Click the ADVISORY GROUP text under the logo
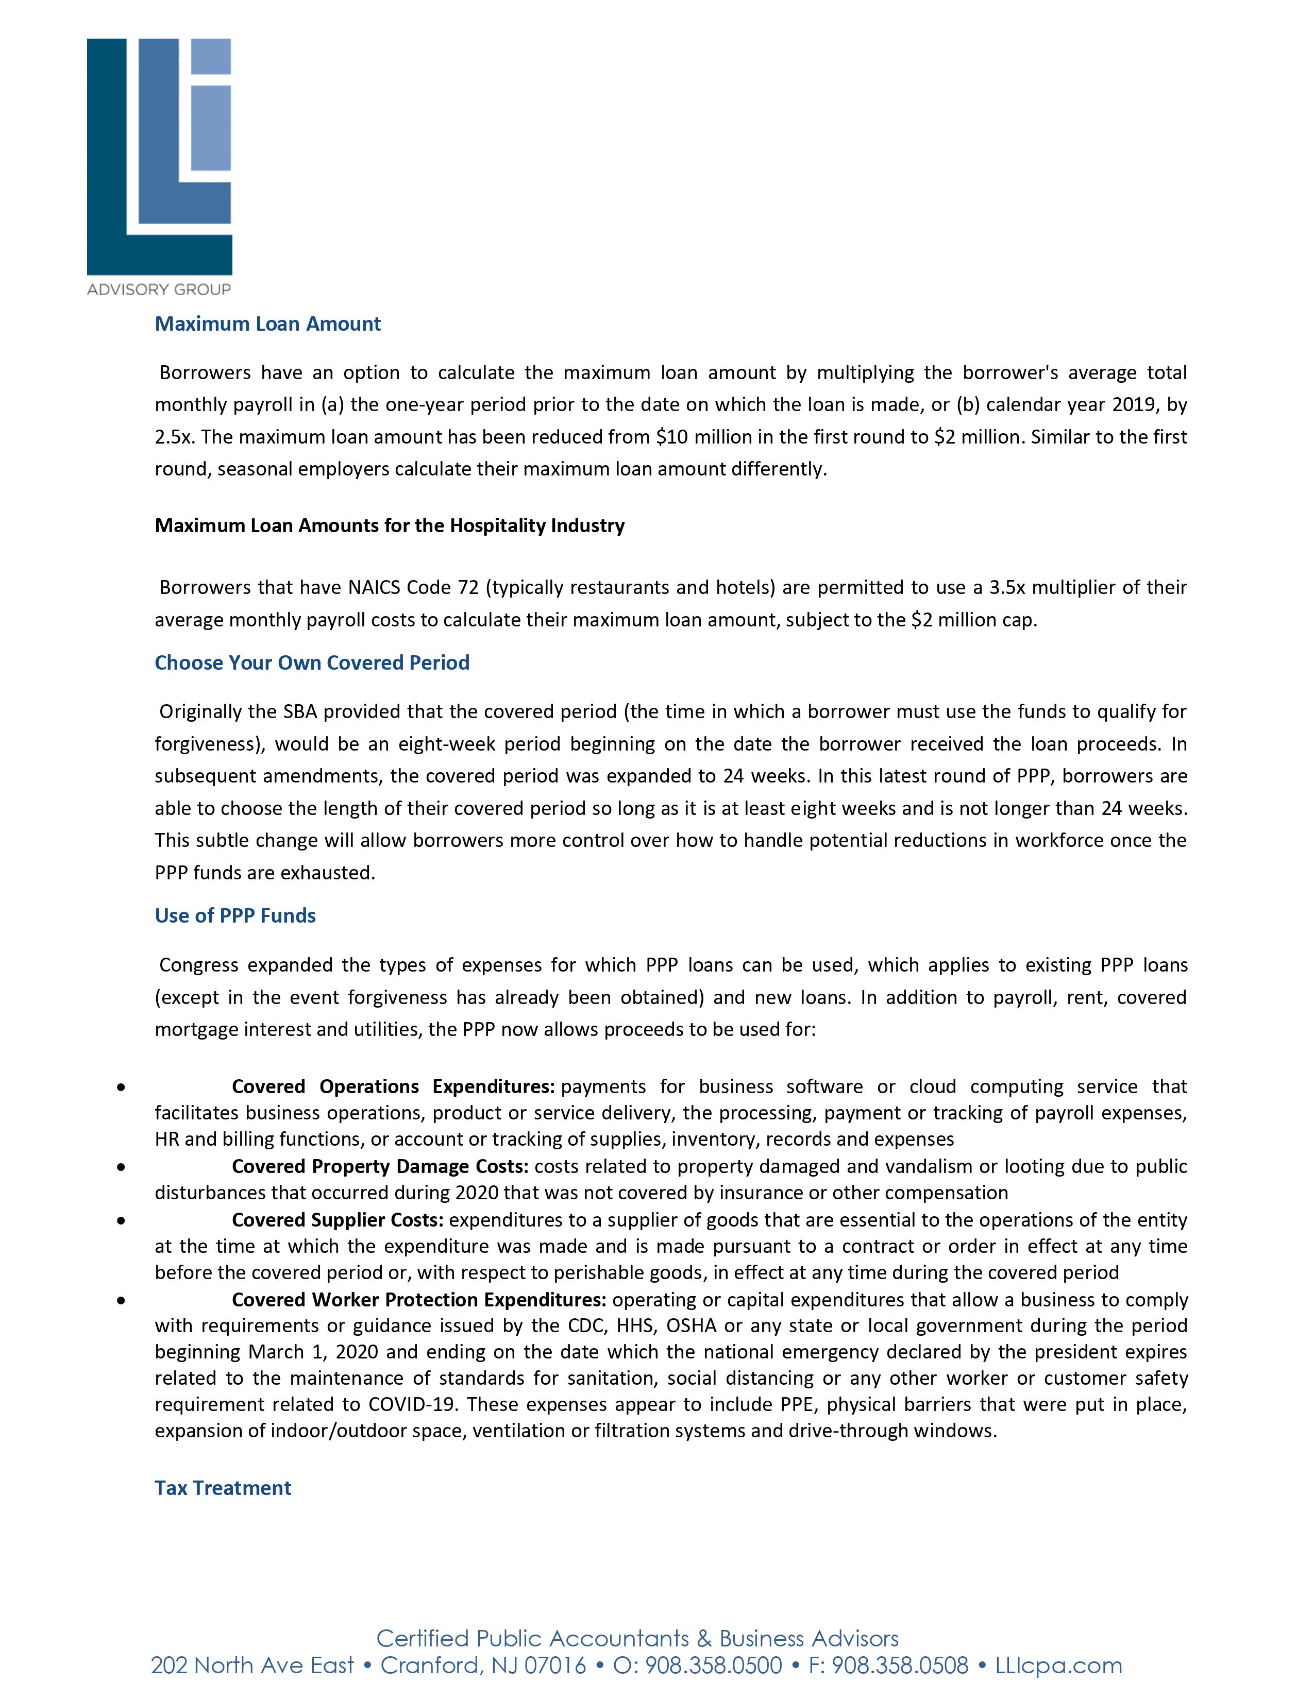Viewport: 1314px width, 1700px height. point(159,290)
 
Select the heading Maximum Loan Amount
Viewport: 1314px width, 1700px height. point(268,324)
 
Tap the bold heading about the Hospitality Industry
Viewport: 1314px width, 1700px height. point(389,525)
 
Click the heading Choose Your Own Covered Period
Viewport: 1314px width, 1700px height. point(312,662)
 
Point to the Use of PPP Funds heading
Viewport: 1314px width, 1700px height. point(235,915)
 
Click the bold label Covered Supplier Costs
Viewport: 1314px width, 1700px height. point(338,1220)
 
